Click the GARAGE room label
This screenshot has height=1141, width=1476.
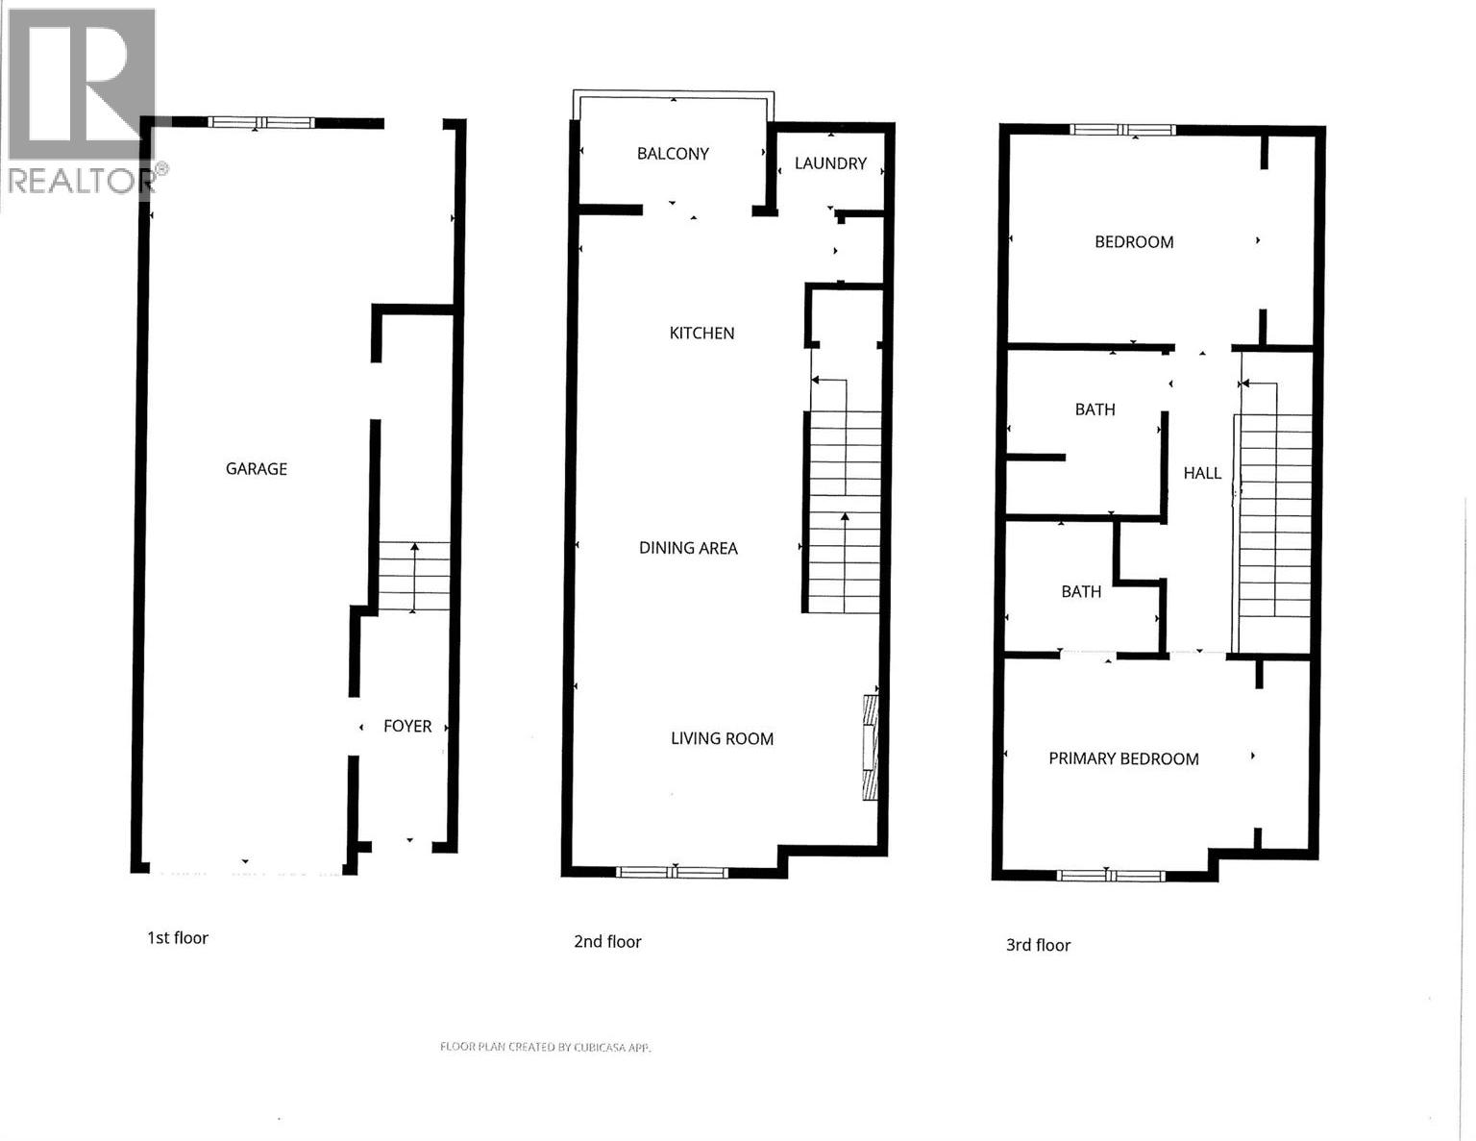point(256,469)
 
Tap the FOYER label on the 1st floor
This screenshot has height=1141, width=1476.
point(407,727)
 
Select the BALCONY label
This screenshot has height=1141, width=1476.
point(673,154)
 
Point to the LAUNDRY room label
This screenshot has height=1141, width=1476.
point(830,163)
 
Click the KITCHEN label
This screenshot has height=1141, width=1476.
point(701,334)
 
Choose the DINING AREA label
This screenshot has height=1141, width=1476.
point(688,548)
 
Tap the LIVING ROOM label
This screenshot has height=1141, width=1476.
point(722,739)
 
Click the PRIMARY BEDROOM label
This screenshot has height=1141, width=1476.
point(1123,759)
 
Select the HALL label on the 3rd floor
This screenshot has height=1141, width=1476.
point(1202,473)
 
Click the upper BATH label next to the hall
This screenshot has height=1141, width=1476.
point(1095,409)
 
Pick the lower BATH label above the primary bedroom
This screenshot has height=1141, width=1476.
point(1081,592)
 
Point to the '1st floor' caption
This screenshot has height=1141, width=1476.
point(178,938)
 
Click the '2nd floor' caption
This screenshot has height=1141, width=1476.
point(607,942)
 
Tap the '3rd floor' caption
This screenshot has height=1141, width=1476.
point(1038,946)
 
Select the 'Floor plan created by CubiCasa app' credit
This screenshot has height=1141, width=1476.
point(545,1047)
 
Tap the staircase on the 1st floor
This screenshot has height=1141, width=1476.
point(413,577)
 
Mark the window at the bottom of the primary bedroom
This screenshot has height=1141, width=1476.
point(1110,876)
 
